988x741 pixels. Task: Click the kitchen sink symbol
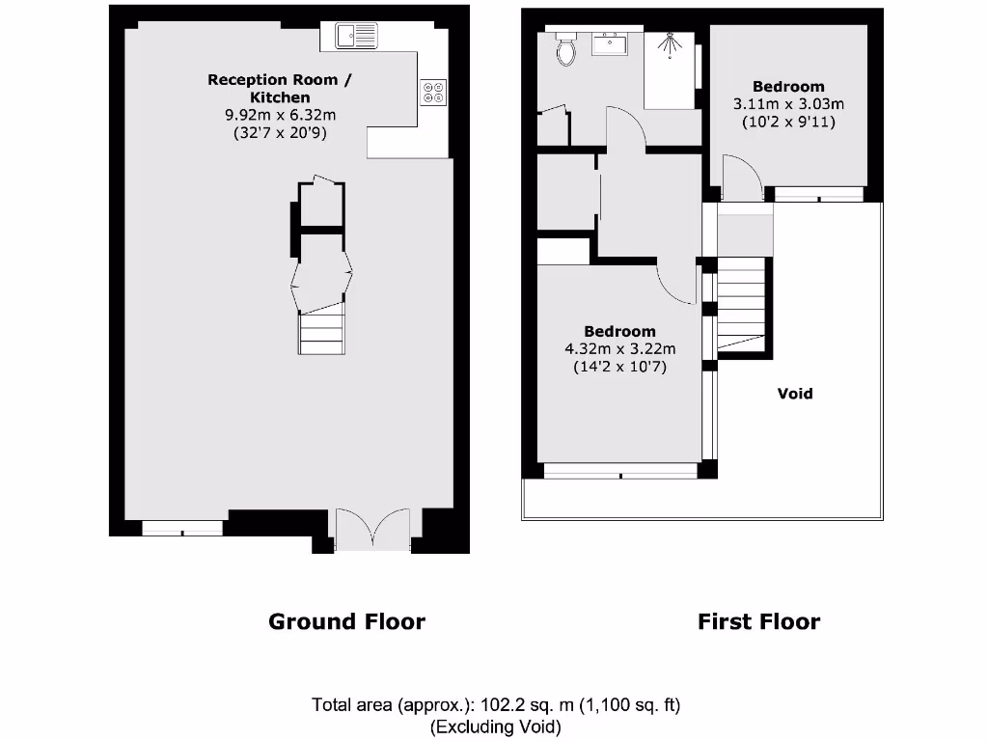click(x=358, y=36)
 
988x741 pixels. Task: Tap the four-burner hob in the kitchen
click(x=432, y=92)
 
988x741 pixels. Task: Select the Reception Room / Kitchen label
click(x=280, y=88)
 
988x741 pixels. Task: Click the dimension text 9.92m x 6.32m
click(x=280, y=115)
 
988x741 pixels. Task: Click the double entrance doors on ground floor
click(x=372, y=532)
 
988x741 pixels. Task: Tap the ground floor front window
click(x=181, y=528)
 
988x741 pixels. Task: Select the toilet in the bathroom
click(x=565, y=49)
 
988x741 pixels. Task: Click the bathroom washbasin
click(x=610, y=43)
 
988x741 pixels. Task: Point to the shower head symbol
click(x=670, y=43)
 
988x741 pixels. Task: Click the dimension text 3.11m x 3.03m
click(x=788, y=104)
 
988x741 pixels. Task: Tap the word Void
click(x=795, y=394)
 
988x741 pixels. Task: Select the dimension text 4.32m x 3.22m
click(x=619, y=349)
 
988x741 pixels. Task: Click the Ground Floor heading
click(x=346, y=621)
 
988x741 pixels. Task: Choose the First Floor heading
click(x=758, y=621)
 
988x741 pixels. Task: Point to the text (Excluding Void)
click(x=495, y=727)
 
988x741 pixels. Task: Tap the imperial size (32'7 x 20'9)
click(x=280, y=133)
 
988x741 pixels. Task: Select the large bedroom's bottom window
click(x=620, y=471)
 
